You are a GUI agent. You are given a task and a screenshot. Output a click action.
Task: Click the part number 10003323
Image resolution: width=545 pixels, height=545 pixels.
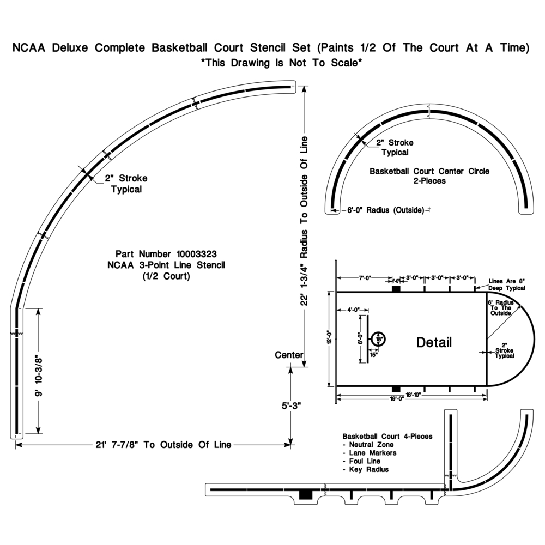(x=197, y=254)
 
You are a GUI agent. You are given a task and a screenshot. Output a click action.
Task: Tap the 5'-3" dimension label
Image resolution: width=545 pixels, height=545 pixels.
(x=291, y=406)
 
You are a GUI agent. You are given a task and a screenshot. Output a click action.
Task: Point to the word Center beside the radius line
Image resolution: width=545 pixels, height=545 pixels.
(x=289, y=355)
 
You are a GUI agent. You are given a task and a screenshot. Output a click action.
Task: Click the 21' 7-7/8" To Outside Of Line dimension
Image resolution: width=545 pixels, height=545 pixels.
(x=163, y=445)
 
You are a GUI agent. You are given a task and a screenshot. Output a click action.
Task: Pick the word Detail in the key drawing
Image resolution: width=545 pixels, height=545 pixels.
(x=434, y=343)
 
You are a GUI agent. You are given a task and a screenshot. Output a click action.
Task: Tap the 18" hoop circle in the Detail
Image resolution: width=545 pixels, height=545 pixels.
(x=379, y=339)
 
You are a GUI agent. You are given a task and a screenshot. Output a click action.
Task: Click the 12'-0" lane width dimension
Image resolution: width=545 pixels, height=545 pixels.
(x=330, y=337)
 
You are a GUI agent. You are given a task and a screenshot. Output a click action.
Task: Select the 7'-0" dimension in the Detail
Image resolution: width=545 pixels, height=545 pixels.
(x=365, y=278)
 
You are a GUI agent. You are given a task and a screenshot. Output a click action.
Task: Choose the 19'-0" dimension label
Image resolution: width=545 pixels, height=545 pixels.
(x=397, y=399)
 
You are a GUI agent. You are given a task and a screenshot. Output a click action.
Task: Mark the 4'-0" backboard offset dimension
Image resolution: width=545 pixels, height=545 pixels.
(x=353, y=310)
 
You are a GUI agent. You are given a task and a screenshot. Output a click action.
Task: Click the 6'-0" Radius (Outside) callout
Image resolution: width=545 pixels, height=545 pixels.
(x=386, y=210)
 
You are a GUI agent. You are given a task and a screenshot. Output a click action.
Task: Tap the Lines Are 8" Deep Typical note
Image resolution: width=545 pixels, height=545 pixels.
(x=507, y=284)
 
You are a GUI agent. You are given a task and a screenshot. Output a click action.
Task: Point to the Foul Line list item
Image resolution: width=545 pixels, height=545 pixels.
(x=365, y=461)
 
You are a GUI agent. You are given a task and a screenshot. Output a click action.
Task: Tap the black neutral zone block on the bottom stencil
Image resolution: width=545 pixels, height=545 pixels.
(x=306, y=495)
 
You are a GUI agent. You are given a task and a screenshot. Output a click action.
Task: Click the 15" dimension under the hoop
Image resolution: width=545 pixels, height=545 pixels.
(x=374, y=355)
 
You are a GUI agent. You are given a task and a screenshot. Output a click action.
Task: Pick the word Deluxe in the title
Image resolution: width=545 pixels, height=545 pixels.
(x=70, y=47)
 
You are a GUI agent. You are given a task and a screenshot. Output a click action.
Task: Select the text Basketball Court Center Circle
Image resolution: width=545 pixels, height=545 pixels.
(x=429, y=171)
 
